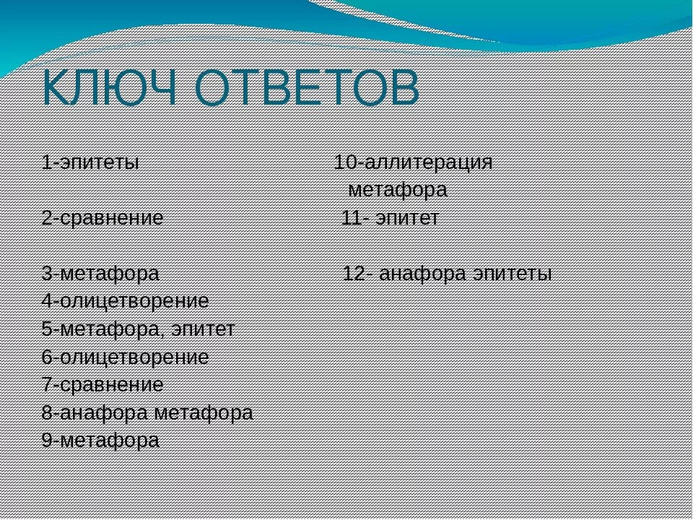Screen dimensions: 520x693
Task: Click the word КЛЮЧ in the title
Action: (x=112, y=89)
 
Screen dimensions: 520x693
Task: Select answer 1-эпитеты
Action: (x=90, y=161)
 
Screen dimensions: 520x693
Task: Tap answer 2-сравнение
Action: (x=103, y=217)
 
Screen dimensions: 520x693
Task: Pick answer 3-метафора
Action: (x=100, y=274)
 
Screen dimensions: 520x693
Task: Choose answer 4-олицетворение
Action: (x=125, y=301)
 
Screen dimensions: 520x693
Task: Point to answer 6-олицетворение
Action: (x=125, y=357)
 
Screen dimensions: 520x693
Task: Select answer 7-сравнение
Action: (x=103, y=385)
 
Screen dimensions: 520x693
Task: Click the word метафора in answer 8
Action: (x=204, y=412)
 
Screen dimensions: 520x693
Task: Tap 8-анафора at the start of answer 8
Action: (x=95, y=412)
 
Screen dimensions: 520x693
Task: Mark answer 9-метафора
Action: (x=100, y=441)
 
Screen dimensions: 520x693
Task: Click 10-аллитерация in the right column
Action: (x=413, y=162)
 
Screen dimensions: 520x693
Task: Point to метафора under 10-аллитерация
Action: (x=397, y=190)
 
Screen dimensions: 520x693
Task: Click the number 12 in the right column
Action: (x=353, y=274)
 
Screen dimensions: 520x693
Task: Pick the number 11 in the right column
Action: (x=352, y=218)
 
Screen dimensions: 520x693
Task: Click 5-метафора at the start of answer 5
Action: (x=97, y=329)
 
